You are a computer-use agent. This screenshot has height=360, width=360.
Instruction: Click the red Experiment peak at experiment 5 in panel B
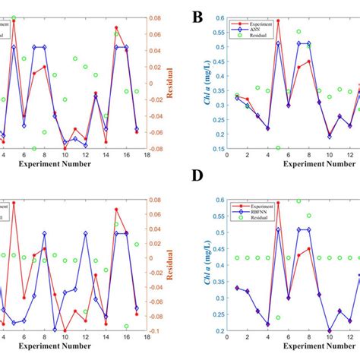[278, 21]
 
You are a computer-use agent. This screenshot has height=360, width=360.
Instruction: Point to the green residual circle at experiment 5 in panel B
[278, 147]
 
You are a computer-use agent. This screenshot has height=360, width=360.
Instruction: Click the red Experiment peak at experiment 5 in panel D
[278, 203]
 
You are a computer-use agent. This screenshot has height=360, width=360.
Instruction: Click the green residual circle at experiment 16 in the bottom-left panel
[126, 325]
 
